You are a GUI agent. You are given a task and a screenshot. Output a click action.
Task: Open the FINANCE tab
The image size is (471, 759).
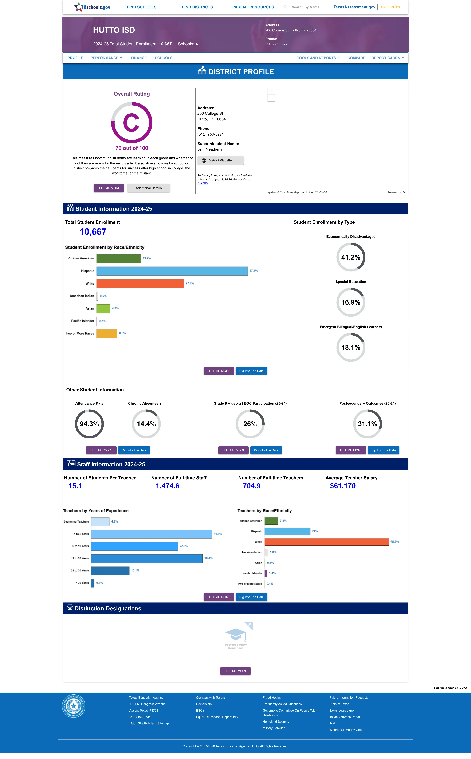click(139, 58)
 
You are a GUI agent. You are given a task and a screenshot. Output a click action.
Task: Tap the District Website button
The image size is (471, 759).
click(221, 160)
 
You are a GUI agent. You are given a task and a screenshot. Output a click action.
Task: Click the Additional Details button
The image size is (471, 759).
click(149, 188)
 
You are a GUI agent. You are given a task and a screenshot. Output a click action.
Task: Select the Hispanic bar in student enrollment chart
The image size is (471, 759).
click(172, 271)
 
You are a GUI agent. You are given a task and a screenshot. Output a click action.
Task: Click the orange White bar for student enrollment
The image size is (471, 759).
click(140, 283)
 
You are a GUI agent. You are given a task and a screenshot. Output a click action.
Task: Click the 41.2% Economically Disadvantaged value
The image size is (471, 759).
click(351, 257)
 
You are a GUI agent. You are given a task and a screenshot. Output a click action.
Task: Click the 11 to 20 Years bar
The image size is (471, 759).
click(147, 558)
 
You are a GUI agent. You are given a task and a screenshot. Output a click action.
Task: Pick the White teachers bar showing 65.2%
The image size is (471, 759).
click(327, 542)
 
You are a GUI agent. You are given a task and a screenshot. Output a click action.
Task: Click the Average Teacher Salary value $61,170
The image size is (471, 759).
click(343, 486)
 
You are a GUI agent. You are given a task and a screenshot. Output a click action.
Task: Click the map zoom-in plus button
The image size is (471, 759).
click(271, 91)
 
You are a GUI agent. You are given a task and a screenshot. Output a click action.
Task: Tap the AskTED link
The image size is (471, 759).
click(203, 183)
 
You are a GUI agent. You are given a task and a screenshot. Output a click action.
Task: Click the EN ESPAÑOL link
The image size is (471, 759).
click(391, 7)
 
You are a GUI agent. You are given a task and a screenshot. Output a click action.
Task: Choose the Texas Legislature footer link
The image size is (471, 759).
click(341, 710)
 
